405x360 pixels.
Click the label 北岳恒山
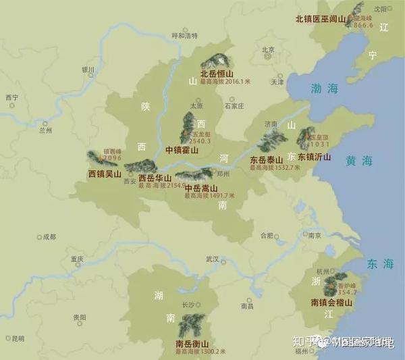pos(216,73)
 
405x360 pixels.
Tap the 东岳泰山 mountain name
pos(266,160)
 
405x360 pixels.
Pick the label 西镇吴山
pos(105,174)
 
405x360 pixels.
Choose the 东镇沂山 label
pos(315,157)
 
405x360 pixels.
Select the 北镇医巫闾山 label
pos(321,19)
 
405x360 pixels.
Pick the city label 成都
pos(49,237)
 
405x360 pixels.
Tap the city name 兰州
pos(45,130)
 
